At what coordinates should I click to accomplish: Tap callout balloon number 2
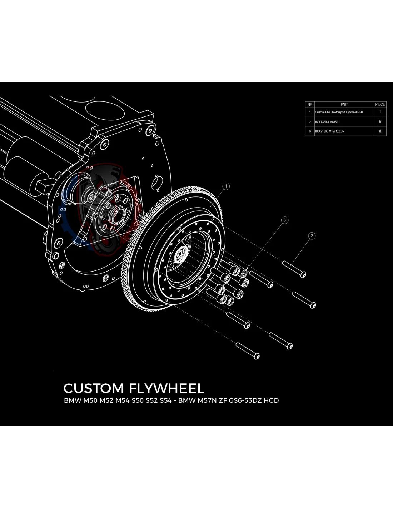pos(312,236)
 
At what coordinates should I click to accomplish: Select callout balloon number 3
pos(285,220)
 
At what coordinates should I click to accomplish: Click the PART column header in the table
pos(344,105)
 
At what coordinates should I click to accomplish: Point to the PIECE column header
pos(380,105)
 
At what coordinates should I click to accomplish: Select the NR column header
pos(310,105)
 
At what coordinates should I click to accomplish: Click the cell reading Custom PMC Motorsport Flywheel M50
pos(339,112)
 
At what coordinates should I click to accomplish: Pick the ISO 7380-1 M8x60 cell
pos(327,122)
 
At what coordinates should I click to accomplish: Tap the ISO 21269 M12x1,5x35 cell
pos(329,131)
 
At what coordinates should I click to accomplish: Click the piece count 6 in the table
pos(380,122)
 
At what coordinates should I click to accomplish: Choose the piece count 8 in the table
pos(380,131)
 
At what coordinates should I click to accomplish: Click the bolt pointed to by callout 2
pos(295,269)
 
